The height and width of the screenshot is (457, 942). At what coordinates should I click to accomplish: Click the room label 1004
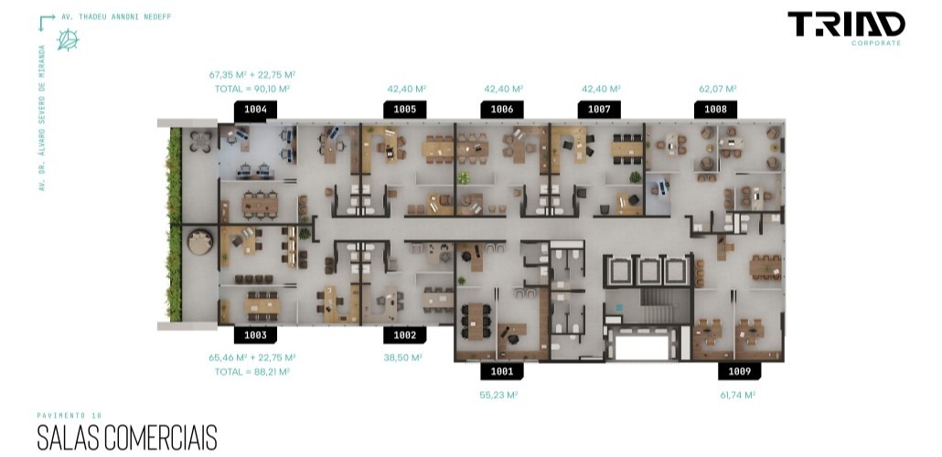[255, 110]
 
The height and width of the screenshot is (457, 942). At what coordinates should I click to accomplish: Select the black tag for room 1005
[405, 110]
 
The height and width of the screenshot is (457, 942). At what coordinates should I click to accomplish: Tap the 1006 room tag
[502, 110]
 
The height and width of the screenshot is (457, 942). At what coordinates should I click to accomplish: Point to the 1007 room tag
[599, 110]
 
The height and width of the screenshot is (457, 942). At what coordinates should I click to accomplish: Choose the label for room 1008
[715, 110]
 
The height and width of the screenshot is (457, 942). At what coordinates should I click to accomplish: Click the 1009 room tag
[740, 371]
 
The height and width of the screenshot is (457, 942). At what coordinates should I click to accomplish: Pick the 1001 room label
[502, 371]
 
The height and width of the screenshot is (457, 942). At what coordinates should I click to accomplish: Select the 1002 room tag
[405, 335]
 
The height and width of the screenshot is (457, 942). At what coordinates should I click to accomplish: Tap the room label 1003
[255, 335]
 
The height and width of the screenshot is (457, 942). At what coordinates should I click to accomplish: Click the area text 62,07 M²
[717, 89]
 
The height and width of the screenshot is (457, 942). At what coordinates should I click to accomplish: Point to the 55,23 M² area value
[498, 395]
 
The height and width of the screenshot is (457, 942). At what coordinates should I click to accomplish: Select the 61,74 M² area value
[738, 395]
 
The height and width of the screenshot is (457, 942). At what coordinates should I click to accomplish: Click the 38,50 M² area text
[402, 357]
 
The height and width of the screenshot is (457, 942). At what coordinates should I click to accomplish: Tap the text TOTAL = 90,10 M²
[252, 89]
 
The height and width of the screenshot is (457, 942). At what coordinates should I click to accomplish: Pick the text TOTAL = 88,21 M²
[252, 372]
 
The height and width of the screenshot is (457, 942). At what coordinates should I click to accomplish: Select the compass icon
[68, 39]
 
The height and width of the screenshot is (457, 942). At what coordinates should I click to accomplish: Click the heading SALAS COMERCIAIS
[127, 438]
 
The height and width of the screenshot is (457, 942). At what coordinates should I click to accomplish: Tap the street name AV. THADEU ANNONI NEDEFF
[116, 16]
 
